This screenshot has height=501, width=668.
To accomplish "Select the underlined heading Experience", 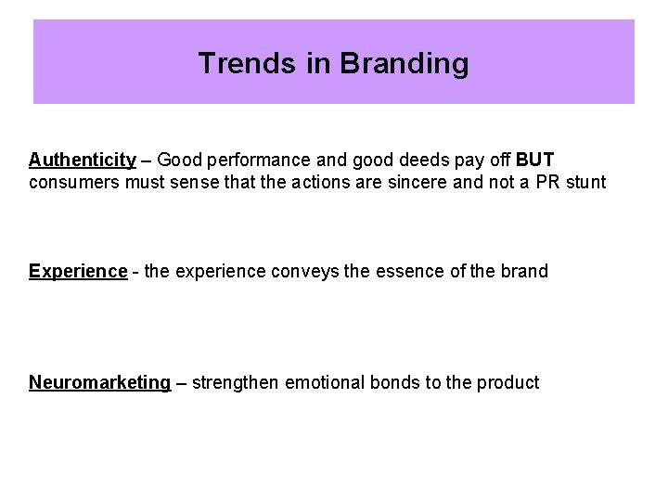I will (77, 271).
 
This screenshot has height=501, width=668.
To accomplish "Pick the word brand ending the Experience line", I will (525, 271).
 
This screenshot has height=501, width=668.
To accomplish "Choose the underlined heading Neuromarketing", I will (100, 382).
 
